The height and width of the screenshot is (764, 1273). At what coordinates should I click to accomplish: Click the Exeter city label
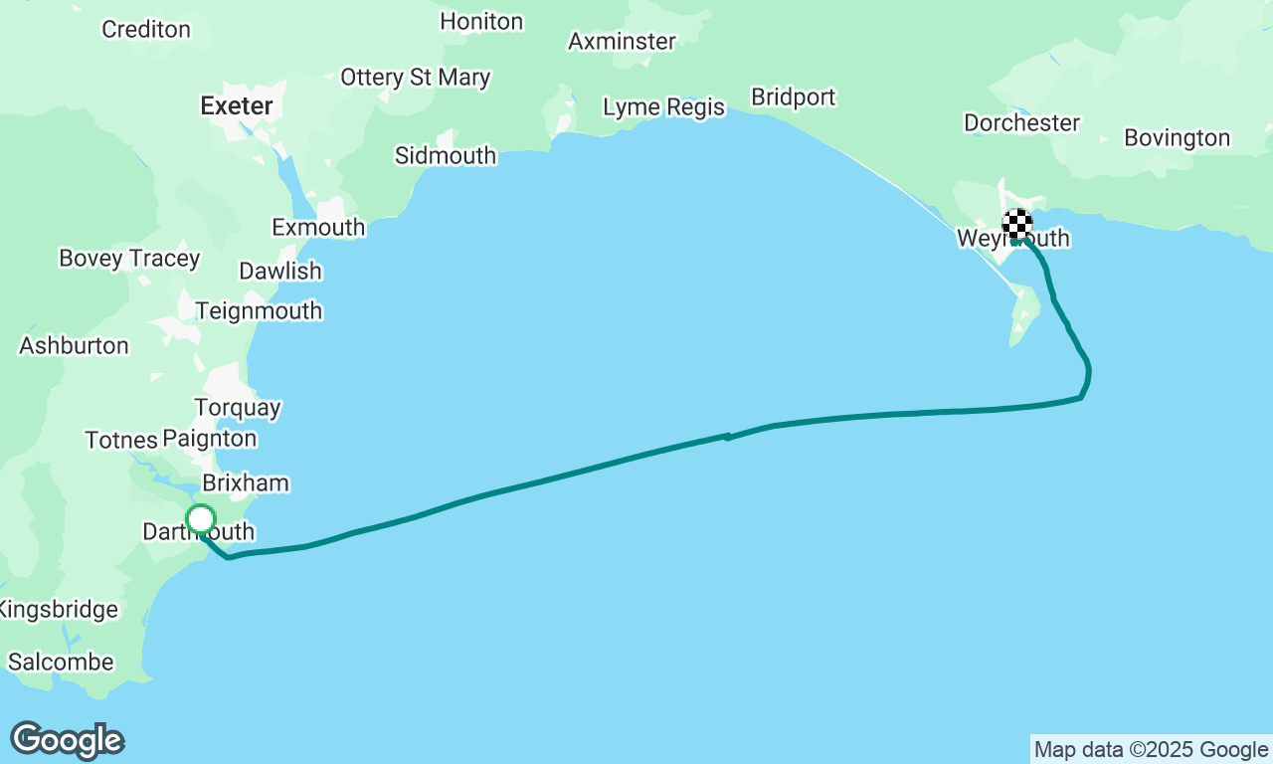pyautogui.click(x=237, y=106)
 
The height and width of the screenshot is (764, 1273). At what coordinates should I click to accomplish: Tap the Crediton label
pyautogui.click(x=146, y=29)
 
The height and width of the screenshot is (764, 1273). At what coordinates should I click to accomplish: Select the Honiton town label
pyautogui.click(x=481, y=21)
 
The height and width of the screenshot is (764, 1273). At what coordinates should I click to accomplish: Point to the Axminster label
pyautogui.click(x=622, y=42)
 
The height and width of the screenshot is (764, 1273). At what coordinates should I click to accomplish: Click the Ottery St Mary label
pyautogui.click(x=416, y=77)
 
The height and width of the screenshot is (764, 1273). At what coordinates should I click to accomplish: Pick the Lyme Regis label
pyautogui.click(x=664, y=106)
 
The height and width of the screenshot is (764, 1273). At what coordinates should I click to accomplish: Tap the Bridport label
pyautogui.click(x=794, y=97)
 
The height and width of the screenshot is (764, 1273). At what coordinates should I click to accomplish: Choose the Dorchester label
pyautogui.click(x=1021, y=122)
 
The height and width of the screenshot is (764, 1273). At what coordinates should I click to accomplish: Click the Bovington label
pyautogui.click(x=1178, y=137)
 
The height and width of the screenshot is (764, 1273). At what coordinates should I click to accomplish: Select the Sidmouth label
pyautogui.click(x=446, y=155)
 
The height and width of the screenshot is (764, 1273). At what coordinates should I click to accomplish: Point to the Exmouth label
pyautogui.click(x=318, y=227)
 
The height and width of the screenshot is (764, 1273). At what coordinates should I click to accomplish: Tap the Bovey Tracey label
pyautogui.click(x=129, y=259)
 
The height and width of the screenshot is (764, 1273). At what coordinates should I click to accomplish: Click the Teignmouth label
pyautogui.click(x=259, y=310)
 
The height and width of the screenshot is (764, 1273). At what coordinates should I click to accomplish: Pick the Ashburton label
pyautogui.click(x=75, y=346)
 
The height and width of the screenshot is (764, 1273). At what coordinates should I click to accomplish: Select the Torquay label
pyautogui.click(x=238, y=408)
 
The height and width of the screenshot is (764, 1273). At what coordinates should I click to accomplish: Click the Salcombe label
pyautogui.click(x=61, y=662)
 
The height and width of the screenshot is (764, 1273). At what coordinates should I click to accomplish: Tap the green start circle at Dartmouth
pyautogui.click(x=201, y=519)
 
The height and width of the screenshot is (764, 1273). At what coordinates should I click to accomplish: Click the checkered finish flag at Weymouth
pyautogui.click(x=1016, y=224)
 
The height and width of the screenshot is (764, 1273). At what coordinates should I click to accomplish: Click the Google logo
pyautogui.click(x=68, y=740)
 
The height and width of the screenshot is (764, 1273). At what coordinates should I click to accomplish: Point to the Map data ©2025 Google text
pyautogui.click(x=1151, y=750)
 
